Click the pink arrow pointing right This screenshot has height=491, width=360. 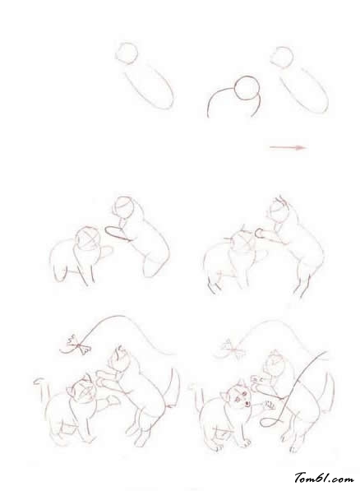[288, 147]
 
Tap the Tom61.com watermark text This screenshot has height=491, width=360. [324, 478]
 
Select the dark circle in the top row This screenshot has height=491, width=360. [247, 88]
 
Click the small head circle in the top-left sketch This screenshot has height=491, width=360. [127, 53]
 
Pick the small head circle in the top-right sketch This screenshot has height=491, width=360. [282, 58]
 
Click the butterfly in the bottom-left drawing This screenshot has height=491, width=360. [79, 345]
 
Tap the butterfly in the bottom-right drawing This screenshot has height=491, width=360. [234, 350]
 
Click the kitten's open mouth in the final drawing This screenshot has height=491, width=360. [247, 403]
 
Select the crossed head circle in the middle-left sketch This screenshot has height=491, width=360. [87, 239]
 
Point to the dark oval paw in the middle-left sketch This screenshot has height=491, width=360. [118, 234]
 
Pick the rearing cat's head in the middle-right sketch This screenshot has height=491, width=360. [279, 211]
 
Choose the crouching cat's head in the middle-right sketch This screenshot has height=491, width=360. [243, 244]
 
